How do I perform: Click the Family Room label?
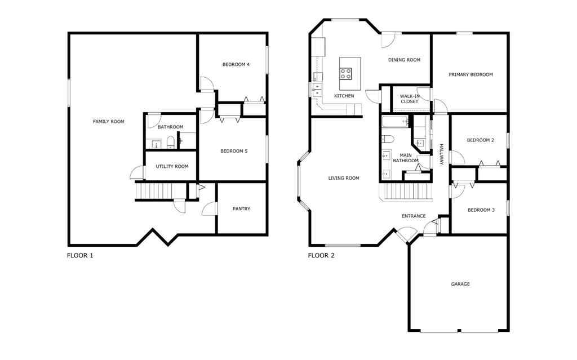click(108, 121)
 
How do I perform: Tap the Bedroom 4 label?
click(236, 65)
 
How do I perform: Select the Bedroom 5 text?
click(234, 151)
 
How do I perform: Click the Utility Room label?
click(172, 166)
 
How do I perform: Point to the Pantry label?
click(241, 209)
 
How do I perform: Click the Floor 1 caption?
click(80, 255)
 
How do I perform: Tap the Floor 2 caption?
click(321, 255)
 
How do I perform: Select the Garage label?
click(460, 284)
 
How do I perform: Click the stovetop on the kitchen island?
click(345, 73)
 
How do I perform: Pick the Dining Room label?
click(404, 60)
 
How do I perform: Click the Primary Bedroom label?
click(471, 74)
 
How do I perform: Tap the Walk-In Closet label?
click(409, 99)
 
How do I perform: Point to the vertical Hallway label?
click(441, 154)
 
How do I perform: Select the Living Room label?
click(344, 178)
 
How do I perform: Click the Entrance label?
click(413, 216)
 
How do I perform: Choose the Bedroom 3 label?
click(481, 210)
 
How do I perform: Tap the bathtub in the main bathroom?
click(395, 121)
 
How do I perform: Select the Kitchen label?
click(344, 96)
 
